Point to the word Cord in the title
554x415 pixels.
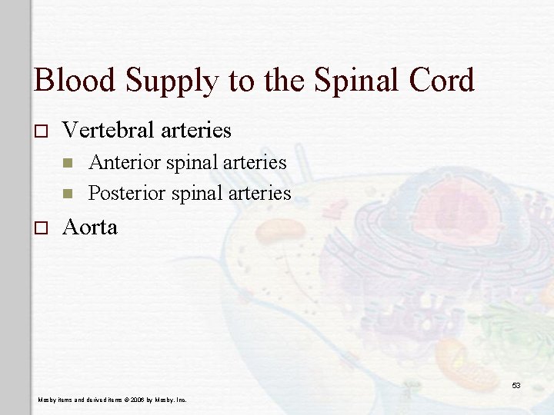tap(442, 81)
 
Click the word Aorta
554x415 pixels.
tap(90, 227)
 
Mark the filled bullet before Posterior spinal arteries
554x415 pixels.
tap(68, 194)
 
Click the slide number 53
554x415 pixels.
tap(516, 385)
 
